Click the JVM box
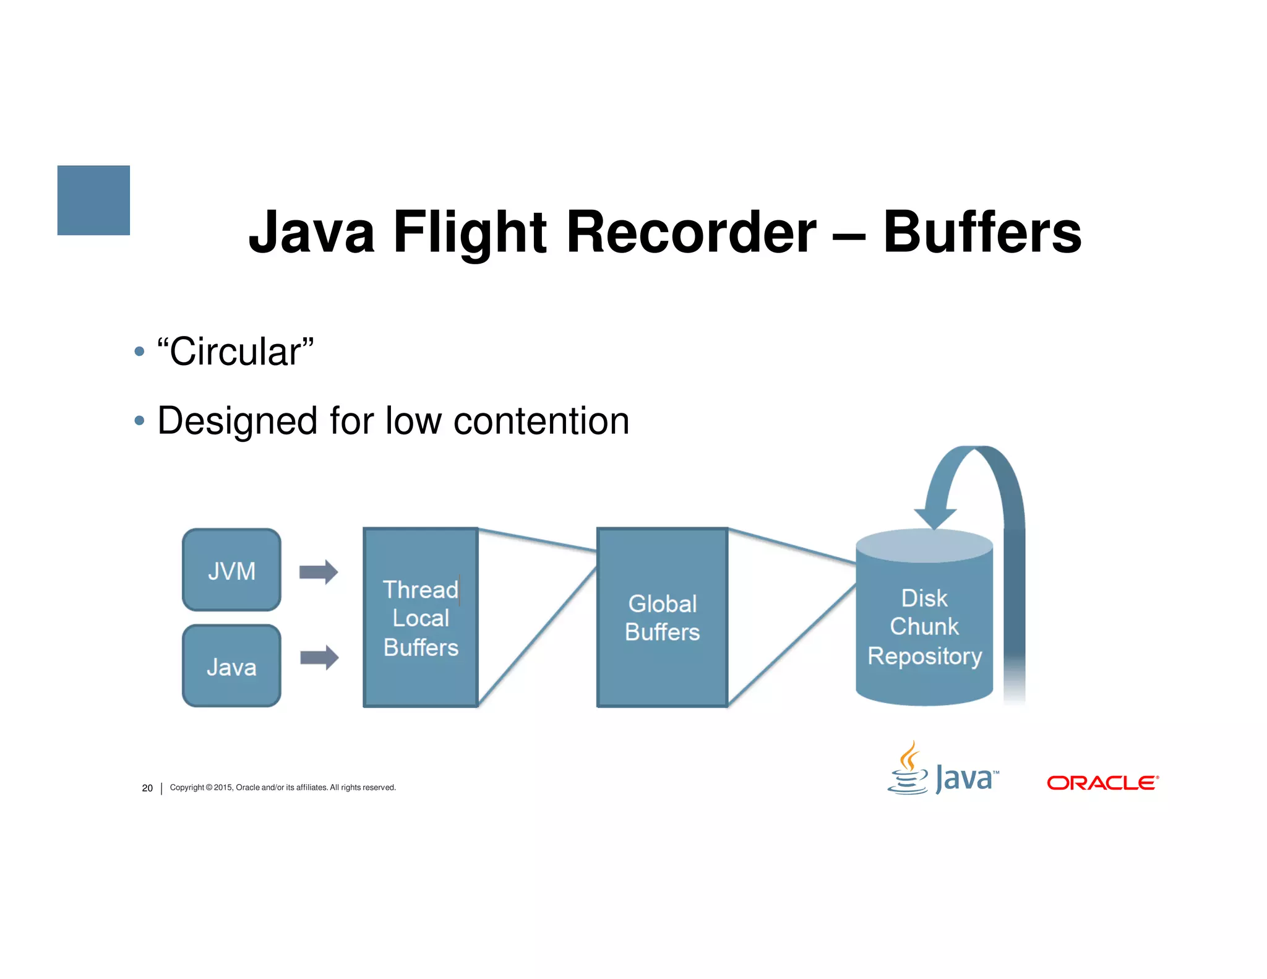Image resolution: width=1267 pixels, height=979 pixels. pyautogui.click(x=231, y=570)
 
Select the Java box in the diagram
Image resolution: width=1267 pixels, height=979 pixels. pyautogui.click(x=231, y=666)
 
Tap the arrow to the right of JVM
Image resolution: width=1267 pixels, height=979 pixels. pyautogui.click(x=319, y=572)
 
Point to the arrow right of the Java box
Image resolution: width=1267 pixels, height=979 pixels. pyautogui.click(x=319, y=657)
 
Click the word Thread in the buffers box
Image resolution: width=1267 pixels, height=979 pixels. pyautogui.click(x=420, y=590)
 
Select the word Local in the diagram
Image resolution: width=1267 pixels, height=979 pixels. pyautogui.click(x=421, y=618)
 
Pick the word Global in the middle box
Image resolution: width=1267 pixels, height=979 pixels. pyautogui.click(x=662, y=603)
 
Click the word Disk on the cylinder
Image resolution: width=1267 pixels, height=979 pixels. pyautogui.click(x=924, y=598)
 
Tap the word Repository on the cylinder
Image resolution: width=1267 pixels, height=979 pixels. pyautogui.click(x=924, y=656)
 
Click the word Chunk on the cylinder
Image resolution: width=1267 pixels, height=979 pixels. pyautogui.click(x=924, y=627)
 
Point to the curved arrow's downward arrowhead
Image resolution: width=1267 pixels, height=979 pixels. pyautogui.click(x=935, y=518)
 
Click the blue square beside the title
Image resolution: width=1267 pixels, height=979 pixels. pyautogui.click(x=93, y=200)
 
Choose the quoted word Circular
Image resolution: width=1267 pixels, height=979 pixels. pyautogui.click(x=236, y=351)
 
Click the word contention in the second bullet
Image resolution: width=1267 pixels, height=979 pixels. pyautogui.click(x=541, y=421)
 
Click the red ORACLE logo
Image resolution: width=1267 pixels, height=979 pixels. pyautogui.click(x=1102, y=783)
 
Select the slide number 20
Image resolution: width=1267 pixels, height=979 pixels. pyautogui.click(x=147, y=788)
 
